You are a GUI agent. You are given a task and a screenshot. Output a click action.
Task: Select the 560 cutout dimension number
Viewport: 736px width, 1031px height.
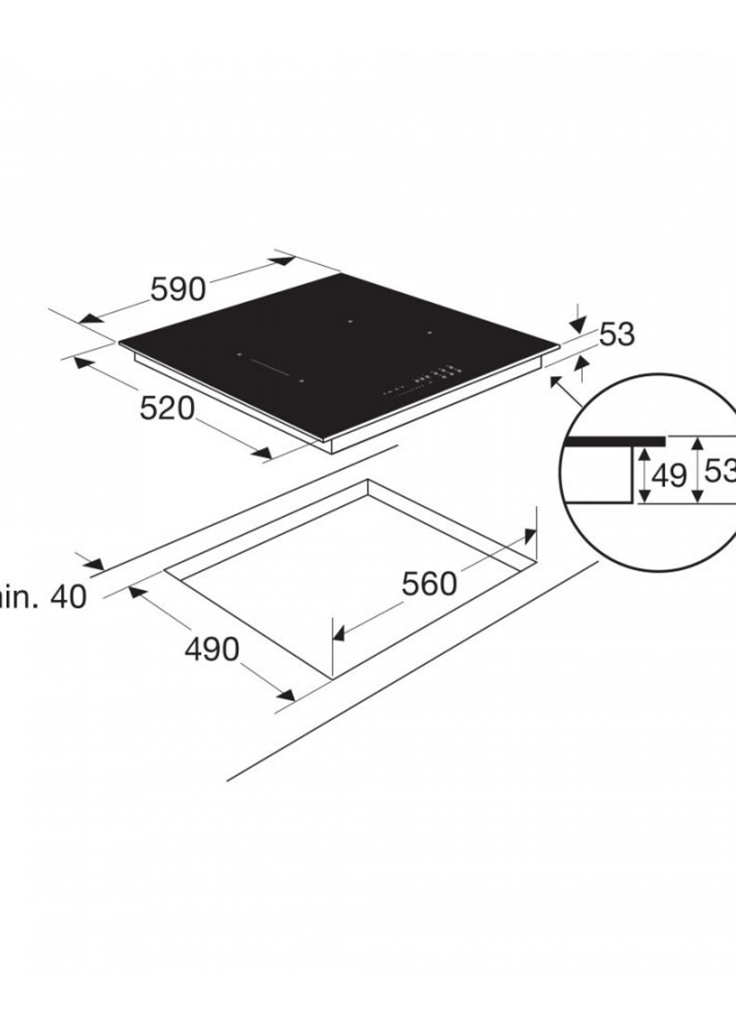point(429,584)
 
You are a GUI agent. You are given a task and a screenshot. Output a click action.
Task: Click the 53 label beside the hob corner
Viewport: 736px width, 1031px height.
point(617,335)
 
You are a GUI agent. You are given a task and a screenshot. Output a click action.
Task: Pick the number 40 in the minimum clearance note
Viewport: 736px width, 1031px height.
point(68,597)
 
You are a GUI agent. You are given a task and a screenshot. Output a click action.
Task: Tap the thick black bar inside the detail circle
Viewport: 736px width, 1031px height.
point(615,441)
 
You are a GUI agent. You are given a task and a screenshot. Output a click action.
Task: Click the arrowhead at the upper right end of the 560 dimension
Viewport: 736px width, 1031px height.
point(529,537)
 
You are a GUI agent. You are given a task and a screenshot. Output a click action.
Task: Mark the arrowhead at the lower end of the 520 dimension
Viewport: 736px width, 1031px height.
point(262,453)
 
